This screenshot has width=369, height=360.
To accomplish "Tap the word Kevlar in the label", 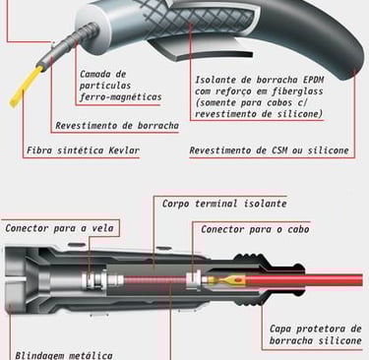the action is click(124, 150).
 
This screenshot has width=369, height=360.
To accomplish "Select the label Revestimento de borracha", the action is click(117, 126).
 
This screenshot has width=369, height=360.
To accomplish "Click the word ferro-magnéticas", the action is click(120, 97).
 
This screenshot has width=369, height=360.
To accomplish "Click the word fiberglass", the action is click(297, 91).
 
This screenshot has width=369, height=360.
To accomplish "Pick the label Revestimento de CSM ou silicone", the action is click(269, 150).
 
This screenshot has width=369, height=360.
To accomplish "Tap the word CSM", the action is click(279, 150).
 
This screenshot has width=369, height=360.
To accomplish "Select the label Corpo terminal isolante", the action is click(224, 204).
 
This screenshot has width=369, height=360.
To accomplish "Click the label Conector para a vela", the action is click(59, 228).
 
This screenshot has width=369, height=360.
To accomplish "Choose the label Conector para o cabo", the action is click(255, 229).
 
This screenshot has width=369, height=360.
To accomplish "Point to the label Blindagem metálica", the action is click(64, 355).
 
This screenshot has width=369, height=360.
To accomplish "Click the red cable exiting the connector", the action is click(304, 280).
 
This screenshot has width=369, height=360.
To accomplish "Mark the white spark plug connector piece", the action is click(94, 280).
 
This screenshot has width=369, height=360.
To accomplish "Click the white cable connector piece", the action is click(194, 280).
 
